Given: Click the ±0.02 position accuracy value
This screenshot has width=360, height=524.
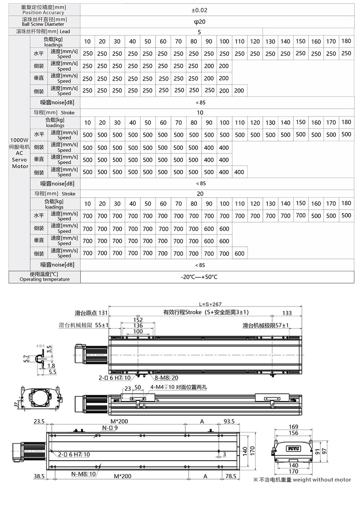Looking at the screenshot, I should click(199, 10).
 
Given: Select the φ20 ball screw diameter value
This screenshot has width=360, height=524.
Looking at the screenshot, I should click(199, 22).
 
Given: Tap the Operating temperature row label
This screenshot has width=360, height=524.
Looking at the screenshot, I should click(45, 277).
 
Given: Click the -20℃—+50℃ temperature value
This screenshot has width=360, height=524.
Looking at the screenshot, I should click(199, 277).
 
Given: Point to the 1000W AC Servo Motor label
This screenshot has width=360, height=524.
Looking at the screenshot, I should click(20, 153).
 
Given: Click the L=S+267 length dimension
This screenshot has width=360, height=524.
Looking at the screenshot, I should click(210, 304).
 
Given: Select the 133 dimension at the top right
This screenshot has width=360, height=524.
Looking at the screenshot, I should click(287, 313).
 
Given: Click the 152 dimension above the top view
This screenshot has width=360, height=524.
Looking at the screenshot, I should click(138, 320).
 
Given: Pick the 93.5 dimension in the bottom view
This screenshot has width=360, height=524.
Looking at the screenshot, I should click(229, 421).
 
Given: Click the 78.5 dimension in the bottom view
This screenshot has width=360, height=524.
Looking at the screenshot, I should click(230, 476).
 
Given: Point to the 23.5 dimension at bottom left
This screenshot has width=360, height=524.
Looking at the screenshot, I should click(39, 421).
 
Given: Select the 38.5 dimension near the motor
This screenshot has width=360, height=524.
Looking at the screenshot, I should click(39, 476).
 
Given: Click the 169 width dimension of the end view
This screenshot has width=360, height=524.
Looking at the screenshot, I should click(293, 427).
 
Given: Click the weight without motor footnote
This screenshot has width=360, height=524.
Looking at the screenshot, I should click(302, 480).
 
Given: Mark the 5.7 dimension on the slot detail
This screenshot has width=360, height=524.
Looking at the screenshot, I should click(26, 359).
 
